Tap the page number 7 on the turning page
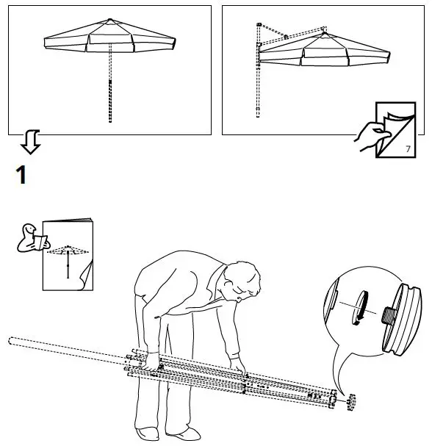tap(408, 149)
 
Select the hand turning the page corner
tap(367, 137)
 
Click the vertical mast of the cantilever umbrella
tap(258, 73)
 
